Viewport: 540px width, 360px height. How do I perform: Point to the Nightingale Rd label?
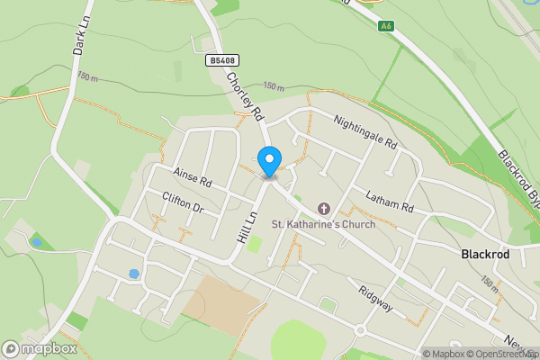pos(364,130)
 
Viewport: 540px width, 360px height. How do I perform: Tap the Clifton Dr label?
pos(184,202)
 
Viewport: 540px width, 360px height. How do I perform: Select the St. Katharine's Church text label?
pos(325,224)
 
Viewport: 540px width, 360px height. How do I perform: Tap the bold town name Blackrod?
pos(485,255)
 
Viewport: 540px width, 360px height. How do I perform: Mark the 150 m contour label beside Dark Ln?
pos(88,77)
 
